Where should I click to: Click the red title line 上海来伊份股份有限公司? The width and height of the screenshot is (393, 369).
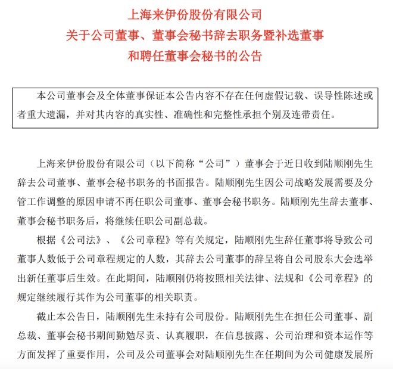pyautogui.click(x=196, y=13)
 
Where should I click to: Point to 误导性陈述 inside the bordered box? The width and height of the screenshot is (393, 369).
pyautogui.click(x=339, y=96)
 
